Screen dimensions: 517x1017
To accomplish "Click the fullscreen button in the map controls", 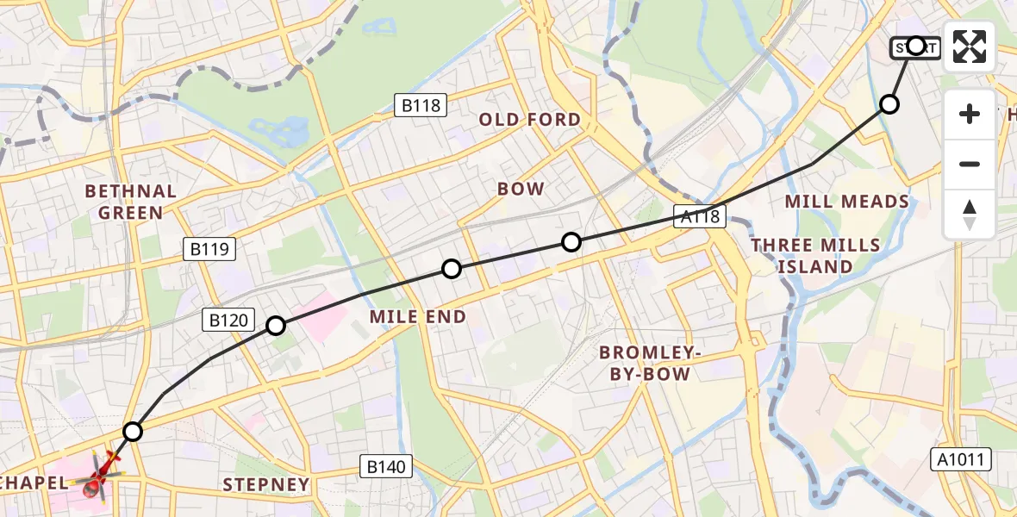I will coord(970,47).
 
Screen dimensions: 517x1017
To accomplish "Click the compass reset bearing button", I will coord(970,215).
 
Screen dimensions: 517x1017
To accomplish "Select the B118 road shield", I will coord(421,106).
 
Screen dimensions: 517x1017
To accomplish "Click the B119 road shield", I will coord(209,250).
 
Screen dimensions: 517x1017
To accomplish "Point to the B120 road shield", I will coord(229,321).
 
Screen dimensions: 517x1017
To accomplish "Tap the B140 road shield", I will coord(386,467).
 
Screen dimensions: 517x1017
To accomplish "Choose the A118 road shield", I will coord(699,216).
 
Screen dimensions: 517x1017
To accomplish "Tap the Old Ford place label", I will coord(530,120).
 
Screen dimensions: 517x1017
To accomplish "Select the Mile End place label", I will coord(418,317).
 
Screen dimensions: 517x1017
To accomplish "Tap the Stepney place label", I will coord(266,485).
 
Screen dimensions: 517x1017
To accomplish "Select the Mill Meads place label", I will coord(846,202).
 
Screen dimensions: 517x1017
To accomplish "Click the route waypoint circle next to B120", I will coord(276,326).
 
